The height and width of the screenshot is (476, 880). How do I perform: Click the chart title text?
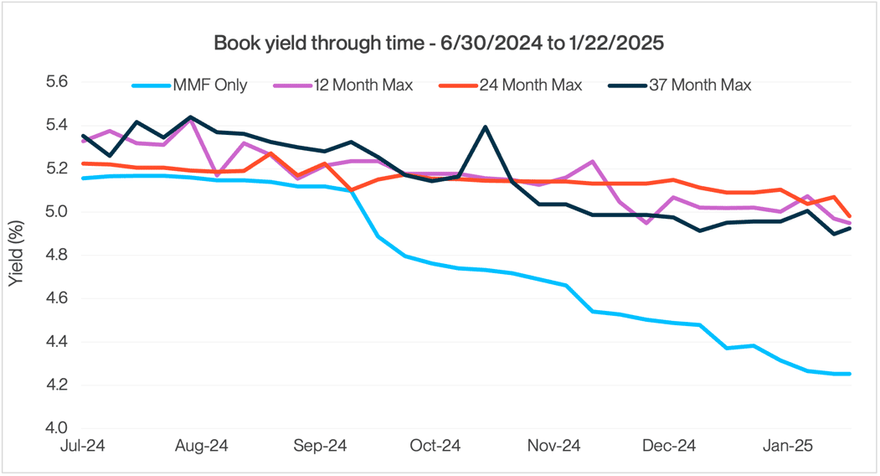click(440, 42)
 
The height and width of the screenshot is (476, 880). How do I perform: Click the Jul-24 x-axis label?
click(82, 447)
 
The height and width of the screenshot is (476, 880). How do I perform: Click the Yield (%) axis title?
click(16, 255)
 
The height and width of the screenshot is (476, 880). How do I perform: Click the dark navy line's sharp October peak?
click(485, 127)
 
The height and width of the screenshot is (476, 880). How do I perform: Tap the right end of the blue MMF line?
click(851, 374)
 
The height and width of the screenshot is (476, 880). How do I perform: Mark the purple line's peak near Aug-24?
click(191, 120)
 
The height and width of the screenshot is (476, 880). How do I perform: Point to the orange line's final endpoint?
click(851, 216)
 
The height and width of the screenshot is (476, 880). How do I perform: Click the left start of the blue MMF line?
click(82, 178)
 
